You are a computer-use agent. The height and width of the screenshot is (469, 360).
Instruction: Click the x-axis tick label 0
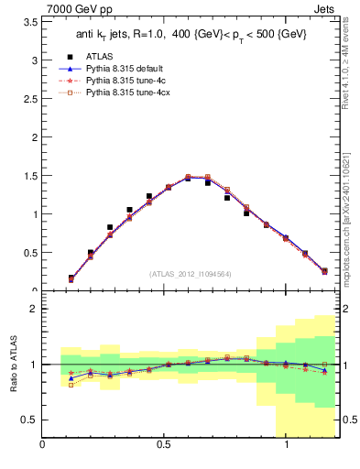(x=43, y=446)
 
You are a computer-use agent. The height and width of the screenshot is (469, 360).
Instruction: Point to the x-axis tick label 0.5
(x=165, y=446)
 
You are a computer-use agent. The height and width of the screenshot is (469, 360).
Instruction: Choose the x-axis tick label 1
(x=288, y=446)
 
